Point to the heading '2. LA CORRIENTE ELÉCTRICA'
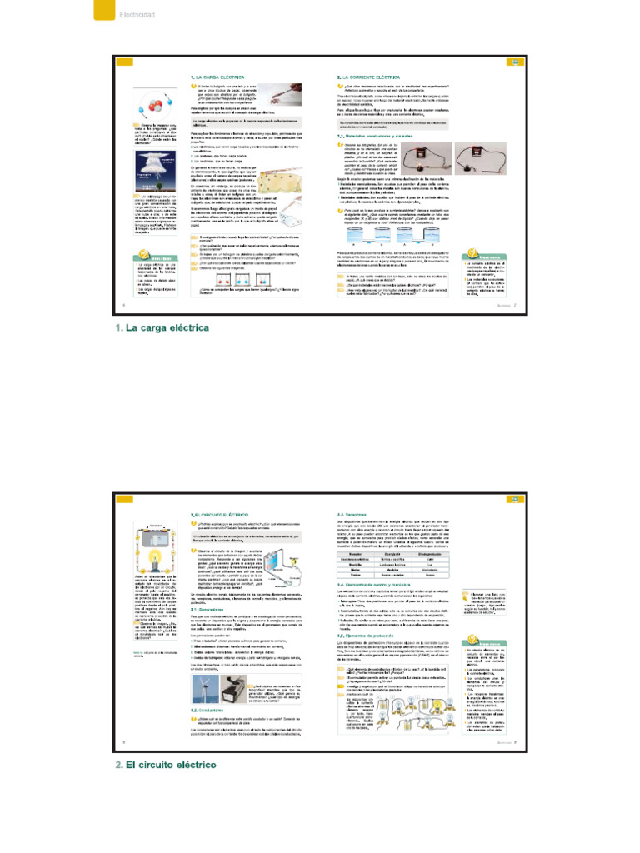coord(367,77)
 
